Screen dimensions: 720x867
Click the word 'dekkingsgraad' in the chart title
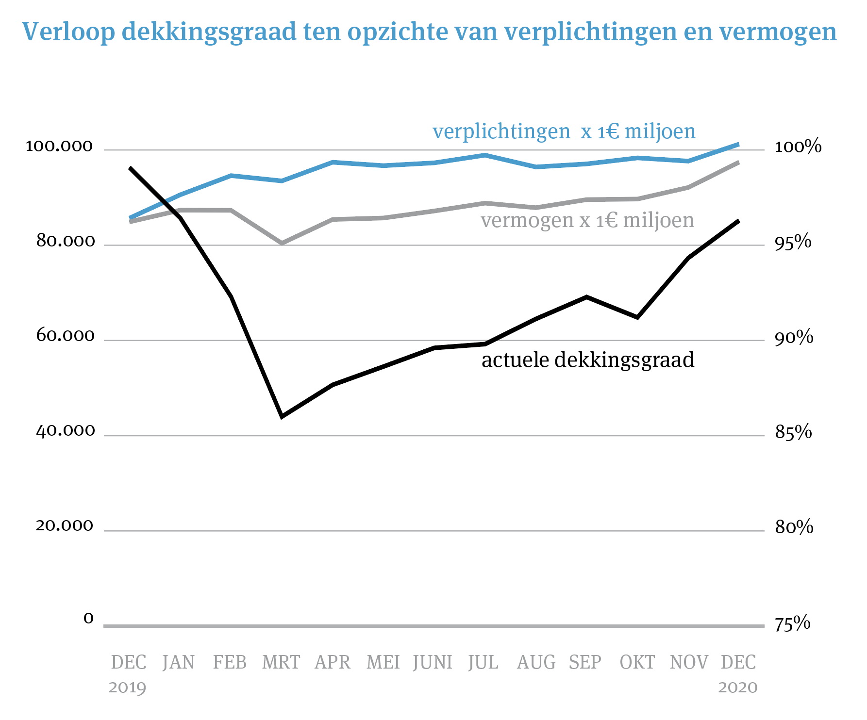pyautogui.click(x=209, y=32)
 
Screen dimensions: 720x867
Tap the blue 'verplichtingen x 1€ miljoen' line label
pyautogui.click(x=564, y=131)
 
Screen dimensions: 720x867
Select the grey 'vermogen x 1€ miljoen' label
pyautogui.click(x=587, y=220)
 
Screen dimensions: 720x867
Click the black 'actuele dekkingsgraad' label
pyautogui.click(x=588, y=360)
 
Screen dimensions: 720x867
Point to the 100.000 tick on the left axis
pyautogui.click(x=59, y=146)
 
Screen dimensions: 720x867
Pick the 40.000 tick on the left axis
pyautogui.click(x=66, y=431)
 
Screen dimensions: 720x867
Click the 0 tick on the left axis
pyautogui.click(x=88, y=618)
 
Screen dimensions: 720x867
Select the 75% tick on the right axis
pyautogui.click(x=793, y=623)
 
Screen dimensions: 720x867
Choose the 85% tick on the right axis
pyautogui.click(x=793, y=432)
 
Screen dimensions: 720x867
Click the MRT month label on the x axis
pyautogui.click(x=281, y=662)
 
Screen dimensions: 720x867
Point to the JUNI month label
pyautogui.click(x=433, y=662)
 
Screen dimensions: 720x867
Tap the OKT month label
pyautogui.click(x=637, y=662)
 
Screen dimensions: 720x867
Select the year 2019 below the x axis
pyautogui.click(x=127, y=687)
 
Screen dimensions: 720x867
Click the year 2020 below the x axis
pyautogui.click(x=738, y=687)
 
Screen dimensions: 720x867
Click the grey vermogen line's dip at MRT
pyautogui.click(x=282, y=243)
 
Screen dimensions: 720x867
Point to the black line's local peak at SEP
pyautogui.click(x=586, y=296)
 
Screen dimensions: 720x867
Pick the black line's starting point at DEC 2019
pyautogui.click(x=130, y=168)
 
